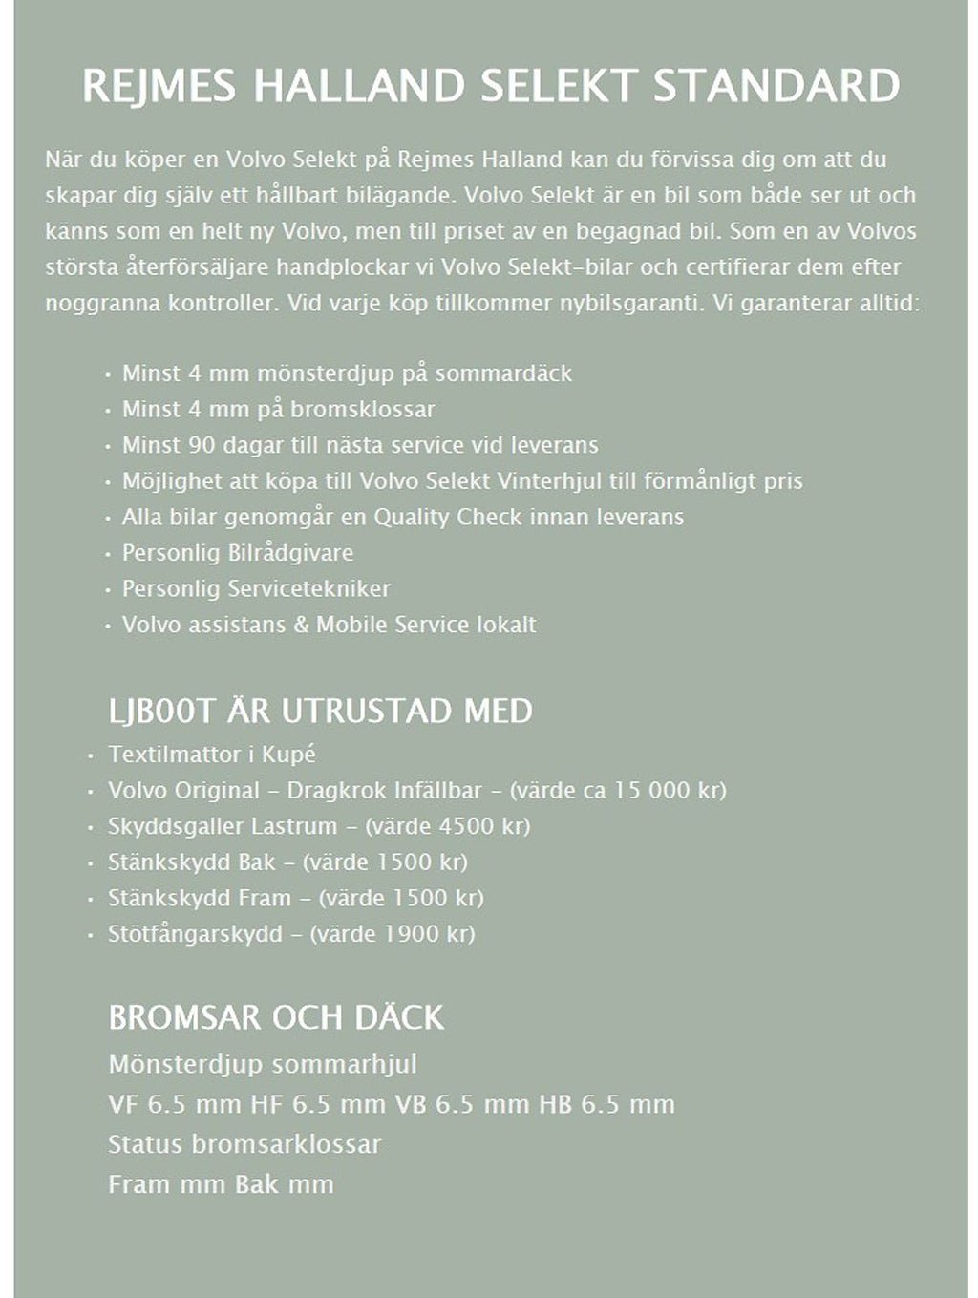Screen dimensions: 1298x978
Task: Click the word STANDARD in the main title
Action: pos(776,86)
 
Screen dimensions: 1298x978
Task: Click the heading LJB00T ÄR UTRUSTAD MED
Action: pos(320,712)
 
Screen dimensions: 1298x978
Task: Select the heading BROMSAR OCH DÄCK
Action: pos(276,1017)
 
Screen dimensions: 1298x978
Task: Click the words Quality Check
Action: pos(447,518)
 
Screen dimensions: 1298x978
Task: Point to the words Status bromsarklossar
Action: pos(244,1144)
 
